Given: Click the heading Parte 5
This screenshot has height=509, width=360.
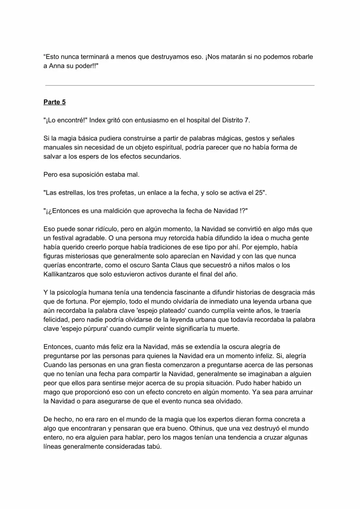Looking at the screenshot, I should (55, 102).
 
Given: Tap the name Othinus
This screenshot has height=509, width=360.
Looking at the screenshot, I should (202, 428).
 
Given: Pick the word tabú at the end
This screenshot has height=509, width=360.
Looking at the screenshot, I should (154, 447).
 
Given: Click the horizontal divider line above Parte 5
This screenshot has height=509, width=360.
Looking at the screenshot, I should (180, 85).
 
